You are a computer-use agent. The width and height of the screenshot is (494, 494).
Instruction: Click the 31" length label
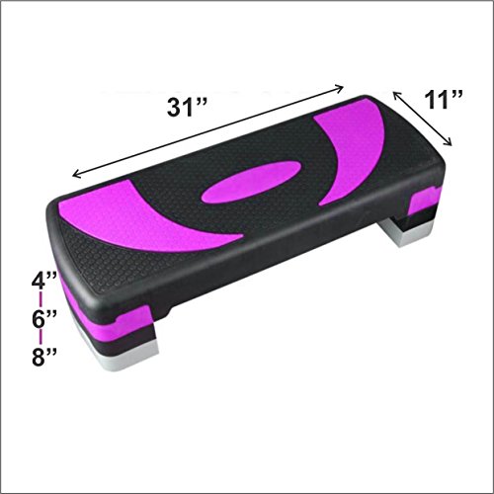click(x=187, y=108)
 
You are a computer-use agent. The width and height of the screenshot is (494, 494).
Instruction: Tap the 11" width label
click(x=444, y=99)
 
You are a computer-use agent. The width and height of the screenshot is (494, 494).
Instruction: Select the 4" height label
click(x=44, y=281)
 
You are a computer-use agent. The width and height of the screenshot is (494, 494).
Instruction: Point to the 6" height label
click(x=44, y=318)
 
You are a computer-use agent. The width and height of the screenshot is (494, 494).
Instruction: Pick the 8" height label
click(x=44, y=357)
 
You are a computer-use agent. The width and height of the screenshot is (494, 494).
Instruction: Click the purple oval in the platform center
click(x=251, y=182)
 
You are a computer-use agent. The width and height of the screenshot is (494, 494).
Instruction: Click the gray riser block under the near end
click(x=125, y=357)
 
